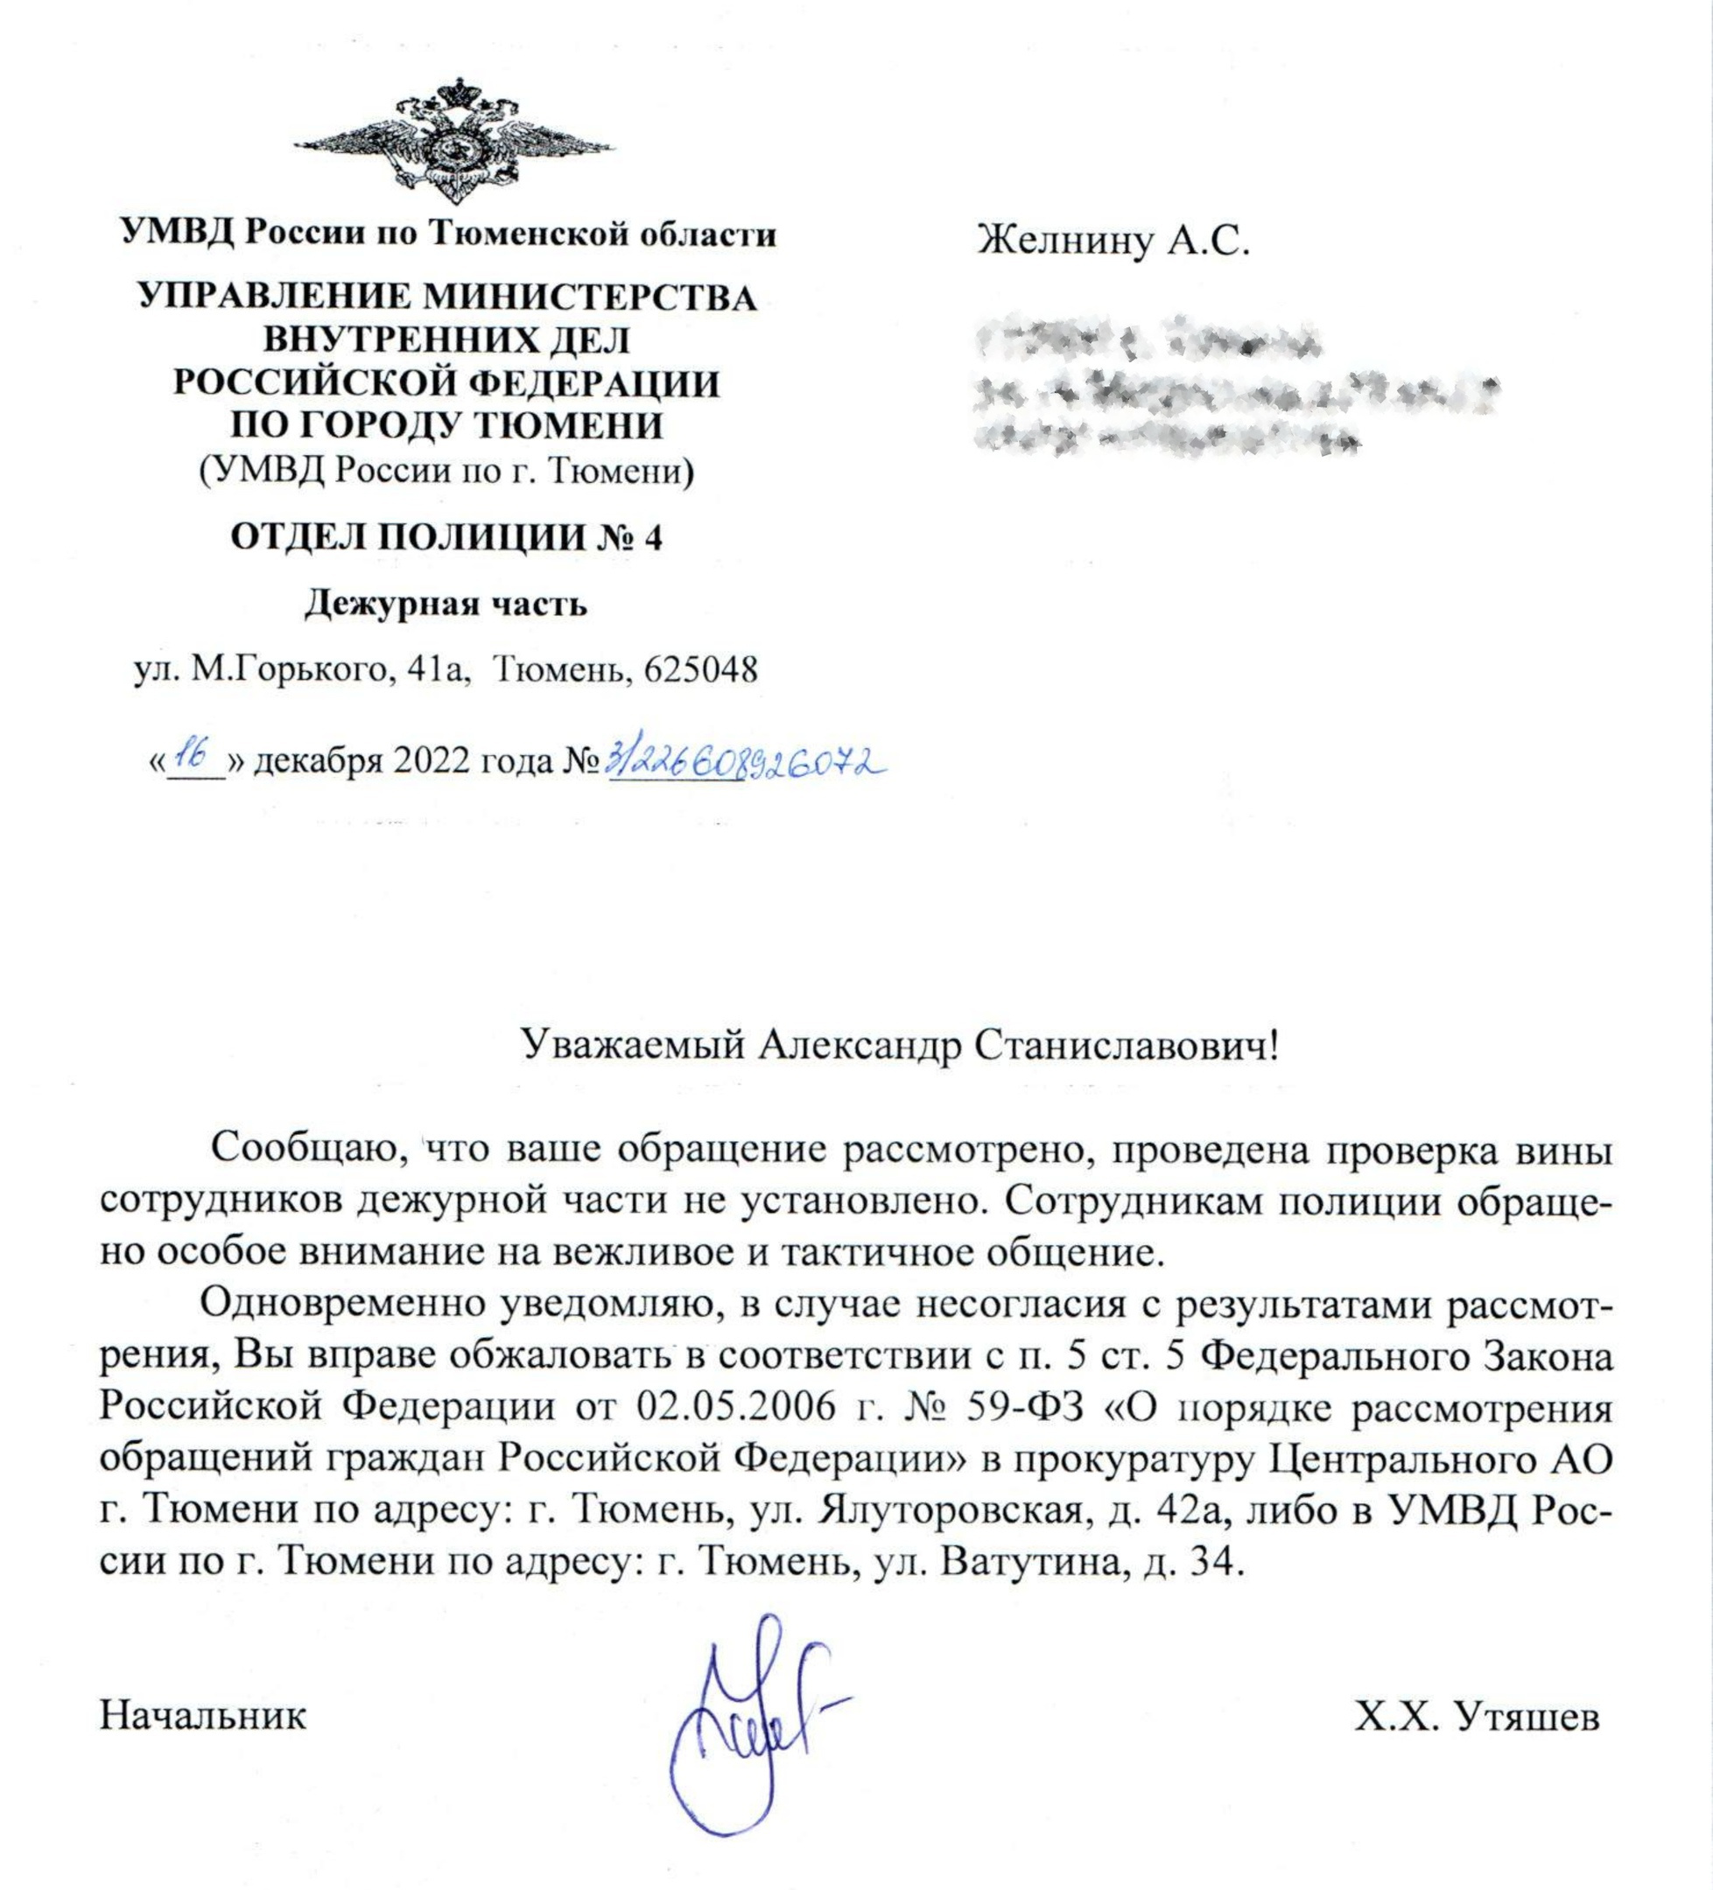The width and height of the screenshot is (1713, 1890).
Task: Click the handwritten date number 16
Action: point(195,756)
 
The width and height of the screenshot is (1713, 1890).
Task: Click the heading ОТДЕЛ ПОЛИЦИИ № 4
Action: point(446,538)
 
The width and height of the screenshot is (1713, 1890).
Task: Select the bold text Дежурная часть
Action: point(446,605)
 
